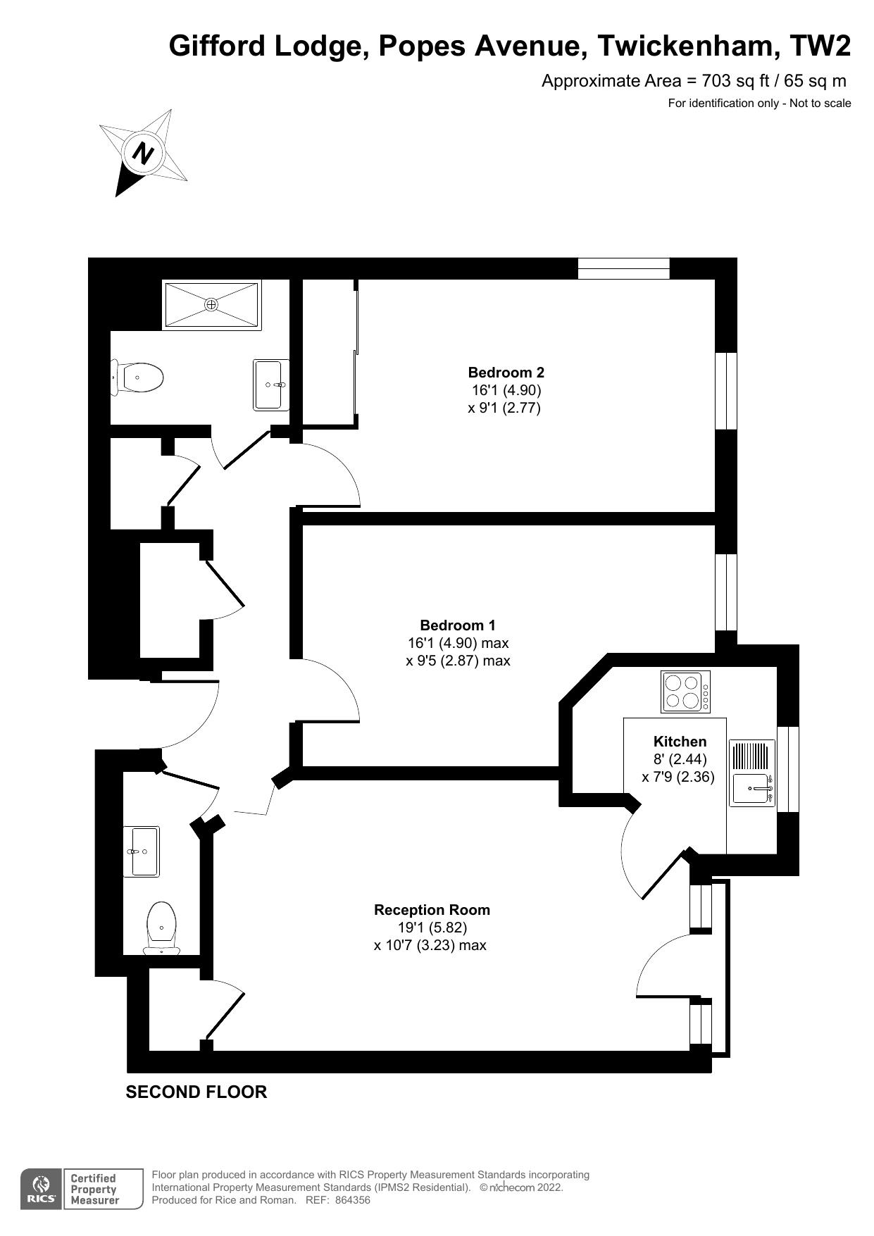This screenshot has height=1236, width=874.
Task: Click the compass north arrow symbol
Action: (x=144, y=153)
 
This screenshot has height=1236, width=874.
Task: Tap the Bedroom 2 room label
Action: (x=506, y=373)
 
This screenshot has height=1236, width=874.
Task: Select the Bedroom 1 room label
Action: (x=458, y=625)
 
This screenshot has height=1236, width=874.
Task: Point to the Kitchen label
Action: (x=680, y=742)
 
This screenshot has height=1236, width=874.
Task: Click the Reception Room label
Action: (x=432, y=910)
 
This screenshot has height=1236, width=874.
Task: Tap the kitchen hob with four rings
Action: (x=685, y=692)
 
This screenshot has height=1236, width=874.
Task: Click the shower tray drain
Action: (x=211, y=304)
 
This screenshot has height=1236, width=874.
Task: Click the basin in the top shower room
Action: (x=271, y=385)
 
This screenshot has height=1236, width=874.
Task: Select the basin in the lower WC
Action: (x=142, y=851)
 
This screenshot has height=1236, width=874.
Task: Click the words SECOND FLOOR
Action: (x=196, y=1092)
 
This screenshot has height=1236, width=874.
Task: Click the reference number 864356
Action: (x=353, y=1200)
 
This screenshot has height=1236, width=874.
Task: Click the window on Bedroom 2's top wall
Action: (x=623, y=268)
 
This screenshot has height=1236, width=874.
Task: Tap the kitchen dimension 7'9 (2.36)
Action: (x=678, y=777)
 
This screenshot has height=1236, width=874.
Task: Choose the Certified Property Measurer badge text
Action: (x=94, y=1190)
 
